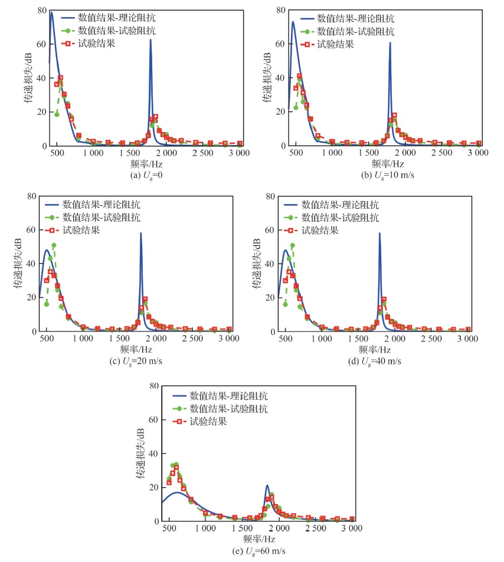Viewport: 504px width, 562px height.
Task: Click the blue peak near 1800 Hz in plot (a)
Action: (x=150, y=40)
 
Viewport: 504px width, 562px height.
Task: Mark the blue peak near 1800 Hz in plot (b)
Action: (x=390, y=42)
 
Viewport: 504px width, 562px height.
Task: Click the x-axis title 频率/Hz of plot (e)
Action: (x=260, y=538)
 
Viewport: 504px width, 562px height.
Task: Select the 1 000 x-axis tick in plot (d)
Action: (x=322, y=340)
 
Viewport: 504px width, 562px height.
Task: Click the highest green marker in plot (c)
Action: (x=54, y=245)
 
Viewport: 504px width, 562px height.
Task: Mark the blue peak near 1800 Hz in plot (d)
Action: (x=379, y=234)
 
